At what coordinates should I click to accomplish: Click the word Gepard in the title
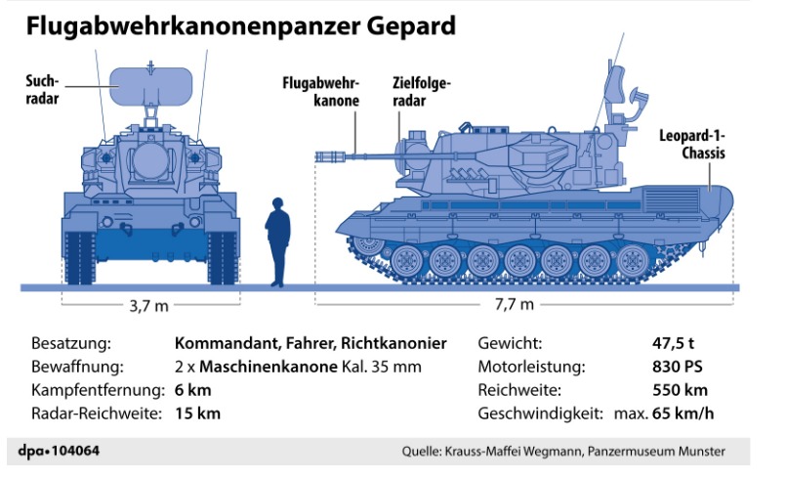411,26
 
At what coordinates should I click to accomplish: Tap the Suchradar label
42,90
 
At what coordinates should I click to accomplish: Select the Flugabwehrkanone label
320,92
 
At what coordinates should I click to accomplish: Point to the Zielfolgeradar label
422,92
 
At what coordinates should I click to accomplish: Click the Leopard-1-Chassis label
692,145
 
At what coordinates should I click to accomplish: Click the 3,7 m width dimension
149,306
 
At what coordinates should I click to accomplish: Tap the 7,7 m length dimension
515,304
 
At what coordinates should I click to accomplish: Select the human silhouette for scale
277,242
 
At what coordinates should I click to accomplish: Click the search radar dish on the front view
150,86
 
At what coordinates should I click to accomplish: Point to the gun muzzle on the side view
327,156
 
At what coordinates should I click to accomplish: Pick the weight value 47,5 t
673,343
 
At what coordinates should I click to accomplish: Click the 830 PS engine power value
677,367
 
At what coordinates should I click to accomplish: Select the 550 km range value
681,390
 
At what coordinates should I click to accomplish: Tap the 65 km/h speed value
683,414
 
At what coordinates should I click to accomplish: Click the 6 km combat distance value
192,390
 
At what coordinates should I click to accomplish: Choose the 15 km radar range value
198,414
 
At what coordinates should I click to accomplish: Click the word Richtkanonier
393,343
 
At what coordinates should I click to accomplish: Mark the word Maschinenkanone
268,367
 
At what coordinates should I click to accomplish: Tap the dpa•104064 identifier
59,451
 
